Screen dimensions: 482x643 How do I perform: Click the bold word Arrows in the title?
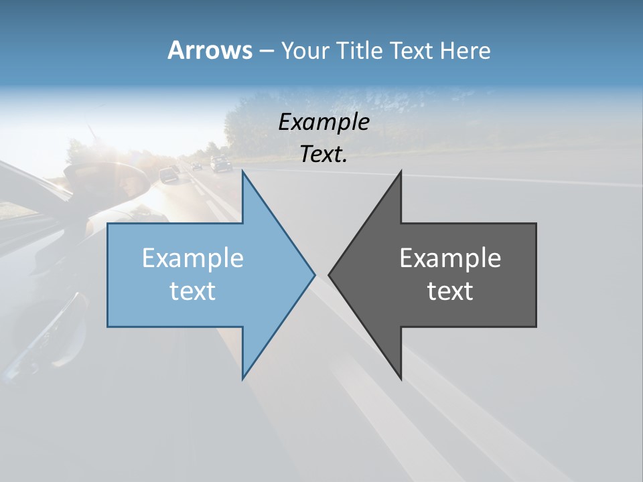[210, 50]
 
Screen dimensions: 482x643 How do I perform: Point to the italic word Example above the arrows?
[324, 122]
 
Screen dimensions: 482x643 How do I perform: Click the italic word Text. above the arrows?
[324, 154]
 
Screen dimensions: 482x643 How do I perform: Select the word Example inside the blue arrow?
[193, 258]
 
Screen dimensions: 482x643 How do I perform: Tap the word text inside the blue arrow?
[193, 291]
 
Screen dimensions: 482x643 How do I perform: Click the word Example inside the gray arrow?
[450, 258]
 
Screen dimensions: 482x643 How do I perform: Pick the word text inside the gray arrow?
[450, 291]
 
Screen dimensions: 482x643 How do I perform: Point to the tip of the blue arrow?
[314, 274]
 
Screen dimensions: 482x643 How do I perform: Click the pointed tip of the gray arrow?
[330, 274]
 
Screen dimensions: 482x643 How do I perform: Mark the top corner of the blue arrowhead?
[243, 172]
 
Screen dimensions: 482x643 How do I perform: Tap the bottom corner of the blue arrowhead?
[243, 378]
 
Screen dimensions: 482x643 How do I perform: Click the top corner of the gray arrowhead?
[401, 172]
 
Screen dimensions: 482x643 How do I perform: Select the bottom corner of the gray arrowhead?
[401, 378]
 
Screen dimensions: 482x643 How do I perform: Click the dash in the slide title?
[266, 51]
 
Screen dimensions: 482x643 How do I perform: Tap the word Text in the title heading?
[411, 50]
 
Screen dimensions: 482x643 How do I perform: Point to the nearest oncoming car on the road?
[168, 175]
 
